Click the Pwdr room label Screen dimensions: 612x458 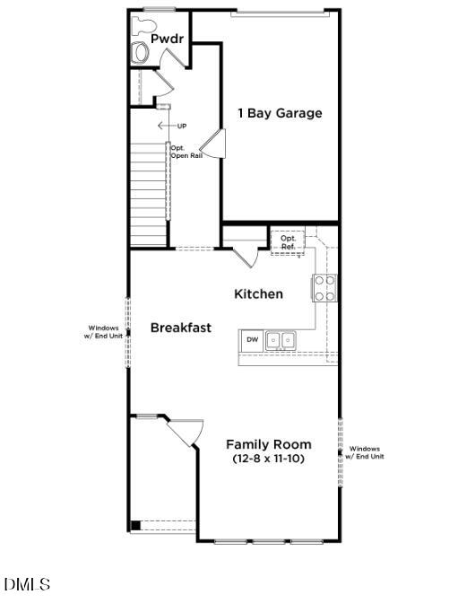click(167, 39)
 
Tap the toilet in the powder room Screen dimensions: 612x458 click(141, 52)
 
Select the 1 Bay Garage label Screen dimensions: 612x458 click(279, 113)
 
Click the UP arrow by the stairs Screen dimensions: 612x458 click(165, 126)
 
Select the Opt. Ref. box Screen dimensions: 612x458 click(288, 241)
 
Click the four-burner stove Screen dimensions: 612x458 click(324, 287)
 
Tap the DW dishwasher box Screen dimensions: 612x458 click(253, 340)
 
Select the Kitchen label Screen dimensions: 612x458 click(258, 294)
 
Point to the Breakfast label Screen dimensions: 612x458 click(180, 328)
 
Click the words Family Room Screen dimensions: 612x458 click(268, 444)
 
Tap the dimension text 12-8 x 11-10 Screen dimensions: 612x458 click(268, 459)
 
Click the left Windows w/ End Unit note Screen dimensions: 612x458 click(103, 332)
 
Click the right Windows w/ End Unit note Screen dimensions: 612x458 click(367, 452)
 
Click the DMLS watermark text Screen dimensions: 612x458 click(27, 585)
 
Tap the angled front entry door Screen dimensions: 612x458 click(184, 433)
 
